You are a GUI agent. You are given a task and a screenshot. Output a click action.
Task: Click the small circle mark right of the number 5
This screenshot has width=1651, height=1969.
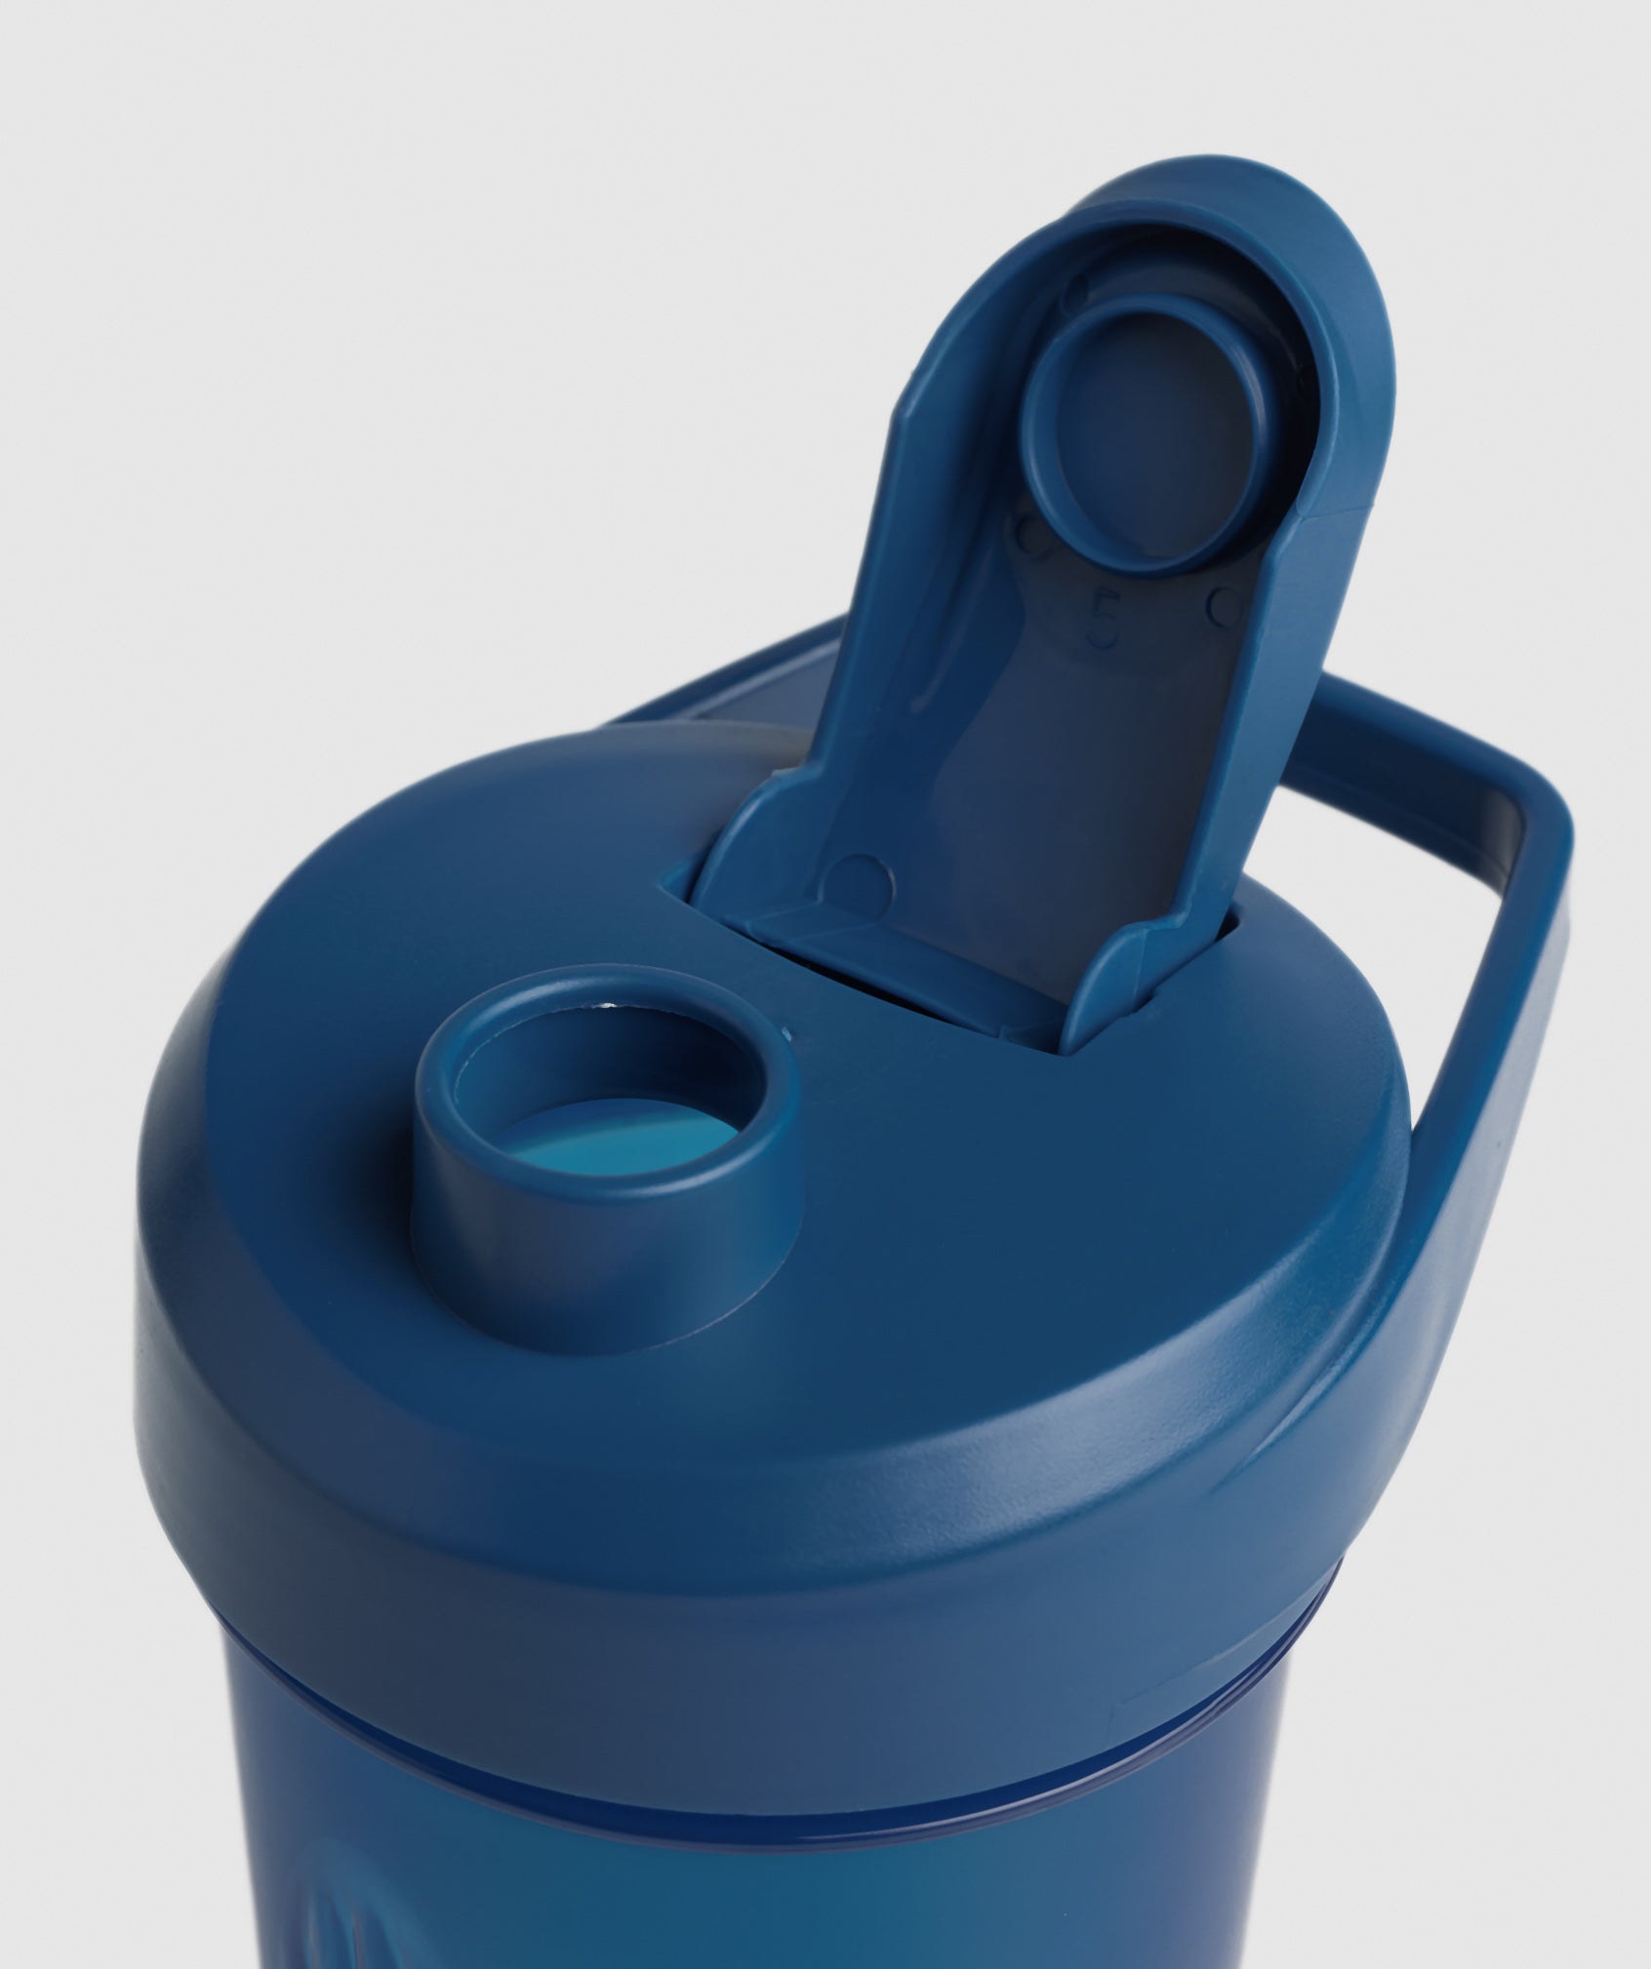1221,611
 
